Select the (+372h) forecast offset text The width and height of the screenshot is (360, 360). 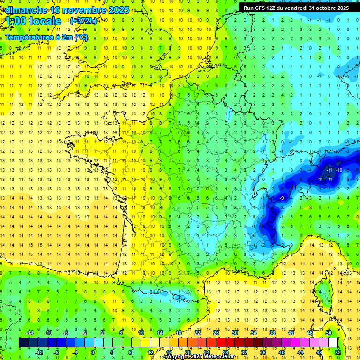[x=83, y=21]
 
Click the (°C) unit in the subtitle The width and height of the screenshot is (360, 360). [x=81, y=37]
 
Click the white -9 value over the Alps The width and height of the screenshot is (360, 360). [x=281, y=198]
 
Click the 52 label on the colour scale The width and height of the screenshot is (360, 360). [x=338, y=352]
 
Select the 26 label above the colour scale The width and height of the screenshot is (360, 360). [x=216, y=333]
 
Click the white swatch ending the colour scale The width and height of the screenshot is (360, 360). [x=333, y=343]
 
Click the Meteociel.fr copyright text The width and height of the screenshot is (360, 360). [x=199, y=357]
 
